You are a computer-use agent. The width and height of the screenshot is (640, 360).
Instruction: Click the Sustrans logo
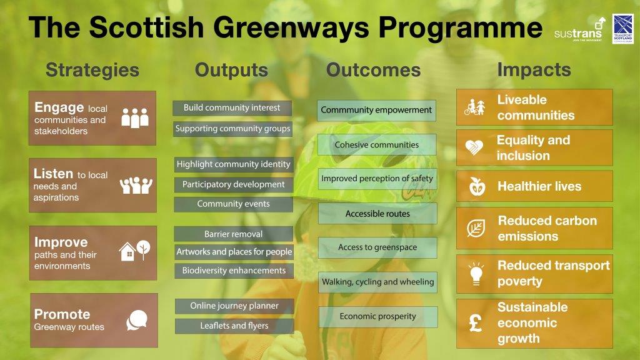579,30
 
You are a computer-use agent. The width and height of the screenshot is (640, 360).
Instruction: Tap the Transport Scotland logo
623,29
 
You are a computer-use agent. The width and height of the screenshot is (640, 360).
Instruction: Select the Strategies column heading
92,70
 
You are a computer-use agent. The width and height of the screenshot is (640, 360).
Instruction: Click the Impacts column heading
534,70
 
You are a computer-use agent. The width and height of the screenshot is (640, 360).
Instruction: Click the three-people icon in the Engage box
135,118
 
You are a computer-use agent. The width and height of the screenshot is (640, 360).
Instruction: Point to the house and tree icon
134,251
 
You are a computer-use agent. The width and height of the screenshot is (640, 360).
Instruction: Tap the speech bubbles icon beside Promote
137,320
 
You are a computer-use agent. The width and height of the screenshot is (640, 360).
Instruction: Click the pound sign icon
476,322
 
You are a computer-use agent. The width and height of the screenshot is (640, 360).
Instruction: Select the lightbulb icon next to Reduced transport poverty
476,274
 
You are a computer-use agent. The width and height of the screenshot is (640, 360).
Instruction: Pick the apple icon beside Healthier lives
477,186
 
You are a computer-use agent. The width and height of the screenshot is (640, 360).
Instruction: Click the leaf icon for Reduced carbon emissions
476,228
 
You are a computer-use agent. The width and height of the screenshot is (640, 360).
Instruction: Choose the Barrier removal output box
234,234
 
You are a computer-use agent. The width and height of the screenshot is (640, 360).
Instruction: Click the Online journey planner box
234,306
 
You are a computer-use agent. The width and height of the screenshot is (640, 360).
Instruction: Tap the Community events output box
234,204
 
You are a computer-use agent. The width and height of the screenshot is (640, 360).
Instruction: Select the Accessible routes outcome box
377,214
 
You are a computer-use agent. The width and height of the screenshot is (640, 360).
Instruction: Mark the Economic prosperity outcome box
378,317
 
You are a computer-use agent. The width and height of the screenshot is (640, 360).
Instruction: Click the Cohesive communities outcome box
377,144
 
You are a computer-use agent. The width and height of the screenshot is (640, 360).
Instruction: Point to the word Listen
53,174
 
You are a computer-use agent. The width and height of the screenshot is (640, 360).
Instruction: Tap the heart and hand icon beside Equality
474,147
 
